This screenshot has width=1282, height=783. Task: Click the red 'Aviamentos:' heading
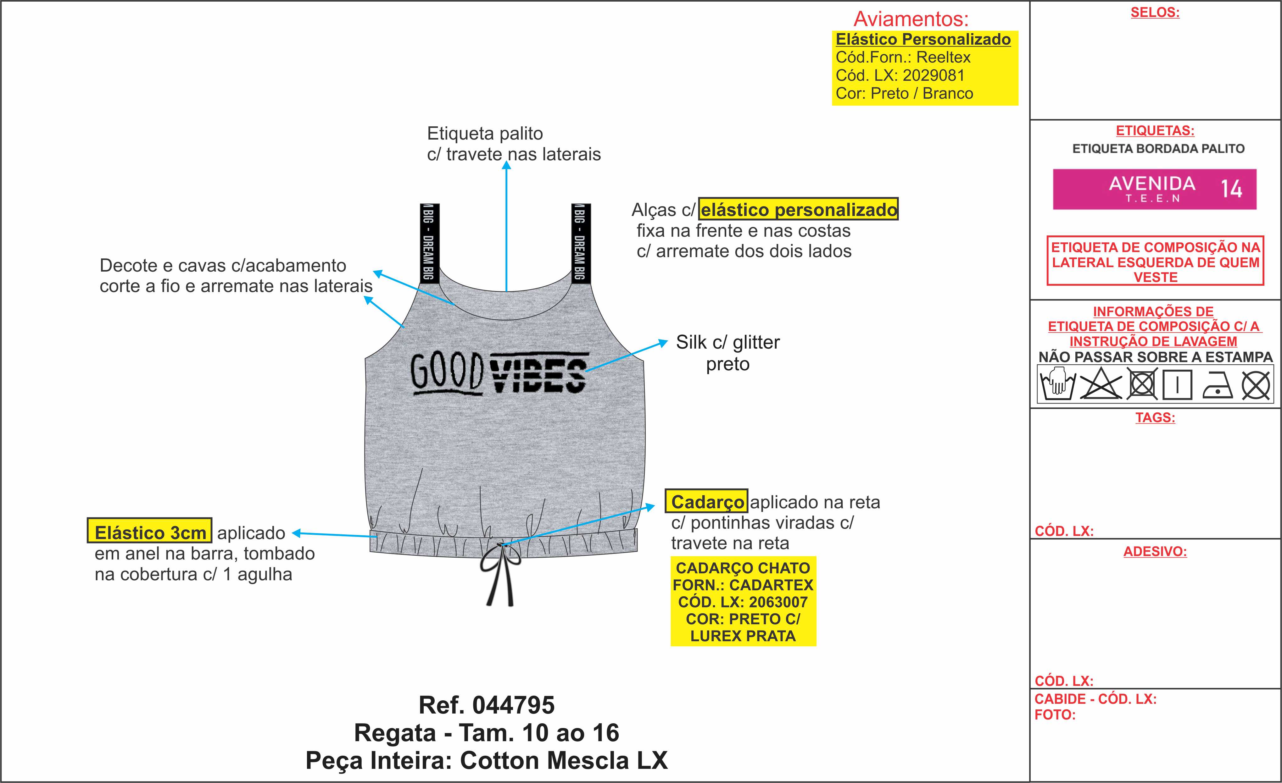911,19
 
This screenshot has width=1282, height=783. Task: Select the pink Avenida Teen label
1155,189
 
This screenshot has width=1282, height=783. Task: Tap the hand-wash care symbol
1057,384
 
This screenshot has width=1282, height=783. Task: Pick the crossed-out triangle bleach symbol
1101,384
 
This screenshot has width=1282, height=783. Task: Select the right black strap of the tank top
581,242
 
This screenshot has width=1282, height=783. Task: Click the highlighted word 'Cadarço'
706,502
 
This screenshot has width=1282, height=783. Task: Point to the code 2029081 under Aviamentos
934,75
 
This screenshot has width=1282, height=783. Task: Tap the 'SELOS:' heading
1155,13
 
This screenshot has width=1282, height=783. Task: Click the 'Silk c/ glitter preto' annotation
727,352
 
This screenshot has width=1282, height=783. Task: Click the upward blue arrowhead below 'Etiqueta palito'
506,166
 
